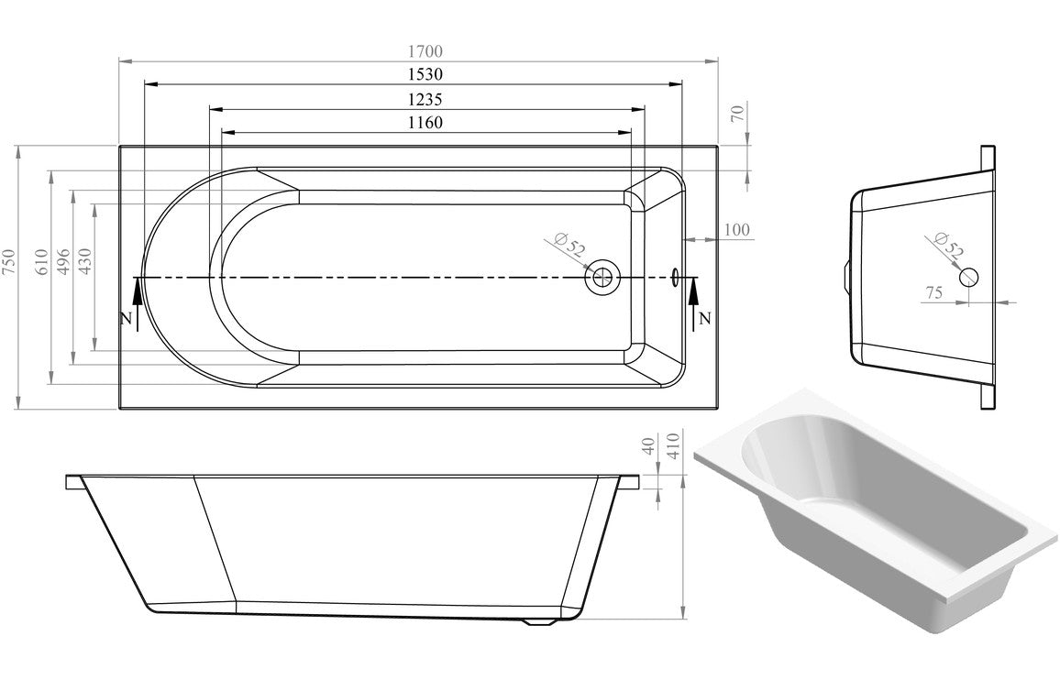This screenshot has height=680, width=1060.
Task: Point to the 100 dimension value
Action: click(x=736, y=230)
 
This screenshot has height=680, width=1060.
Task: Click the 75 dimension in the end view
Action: click(x=933, y=292)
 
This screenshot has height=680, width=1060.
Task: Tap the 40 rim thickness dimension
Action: click(x=650, y=446)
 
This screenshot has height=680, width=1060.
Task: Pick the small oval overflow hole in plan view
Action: click(x=677, y=276)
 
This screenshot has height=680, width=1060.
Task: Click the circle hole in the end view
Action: click(x=969, y=276)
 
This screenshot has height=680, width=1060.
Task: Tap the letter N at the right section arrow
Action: click(x=704, y=319)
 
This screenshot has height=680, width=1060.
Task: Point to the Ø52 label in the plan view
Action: click(x=570, y=246)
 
